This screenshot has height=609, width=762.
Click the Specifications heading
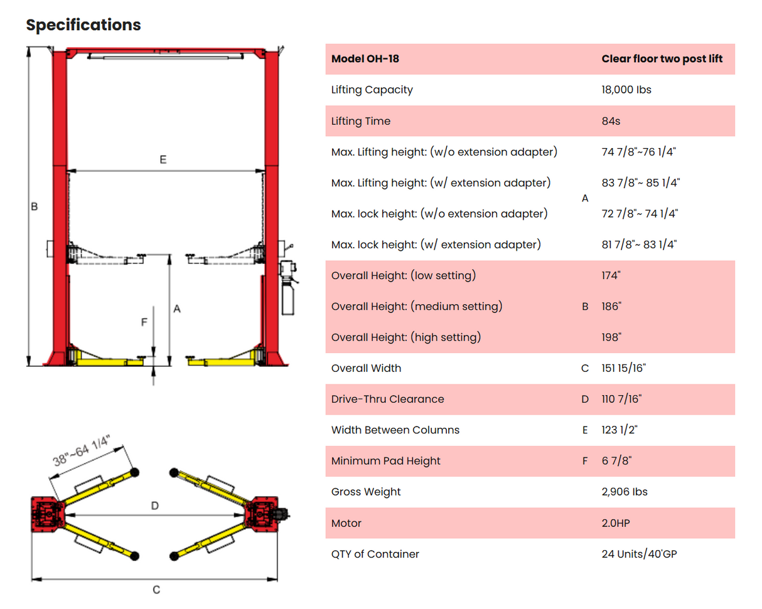pyautogui.click(x=83, y=25)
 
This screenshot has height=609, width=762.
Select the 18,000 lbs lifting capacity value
pyautogui.click(x=626, y=90)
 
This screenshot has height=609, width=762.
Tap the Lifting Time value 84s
pyautogui.click(x=610, y=121)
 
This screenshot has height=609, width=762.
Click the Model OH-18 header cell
pyautogui.click(x=365, y=59)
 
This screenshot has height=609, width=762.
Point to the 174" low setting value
pyautogui.click(x=610, y=276)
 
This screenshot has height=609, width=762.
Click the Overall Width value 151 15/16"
pyautogui.click(x=623, y=368)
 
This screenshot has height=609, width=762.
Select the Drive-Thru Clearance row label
pyautogui.click(x=387, y=399)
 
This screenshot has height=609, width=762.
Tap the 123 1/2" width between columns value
pyautogui.click(x=620, y=430)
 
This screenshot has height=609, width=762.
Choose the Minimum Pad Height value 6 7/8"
pyautogui.click(x=616, y=461)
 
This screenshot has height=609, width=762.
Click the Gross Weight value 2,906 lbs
pyautogui.click(x=624, y=492)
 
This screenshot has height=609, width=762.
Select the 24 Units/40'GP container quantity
pyautogui.click(x=639, y=554)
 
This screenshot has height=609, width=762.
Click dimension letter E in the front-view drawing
pyautogui.click(x=163, y=161)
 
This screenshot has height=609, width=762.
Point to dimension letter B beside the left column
pyautogui.click(x=35, y=206)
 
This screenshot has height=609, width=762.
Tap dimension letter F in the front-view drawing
pyautogui.click(x=144, y=322)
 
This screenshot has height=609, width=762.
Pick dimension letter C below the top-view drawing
pyautogui.click(x=157, y=590)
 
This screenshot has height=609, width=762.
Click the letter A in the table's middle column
pyautogui.click(x=585, y=198)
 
